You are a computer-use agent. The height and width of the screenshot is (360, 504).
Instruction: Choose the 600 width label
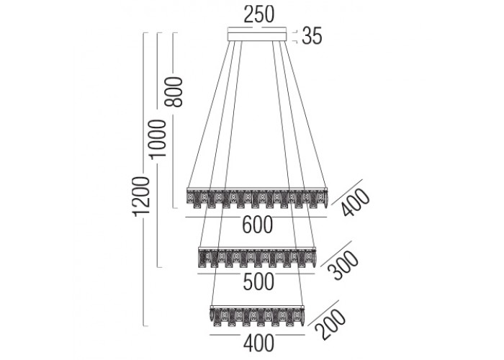point(257,225)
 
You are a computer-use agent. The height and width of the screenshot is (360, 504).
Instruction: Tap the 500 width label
point(257,282)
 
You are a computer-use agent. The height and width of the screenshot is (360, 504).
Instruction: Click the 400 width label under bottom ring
point(257,342)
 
